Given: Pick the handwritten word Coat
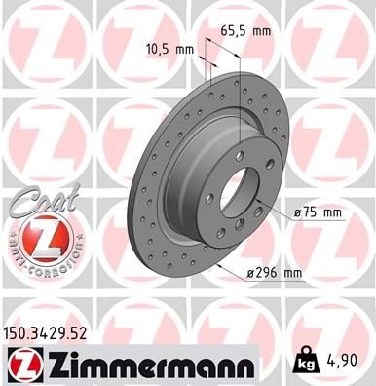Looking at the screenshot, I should [x=36, y=205].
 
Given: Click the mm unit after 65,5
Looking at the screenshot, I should [x=259, y=30].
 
